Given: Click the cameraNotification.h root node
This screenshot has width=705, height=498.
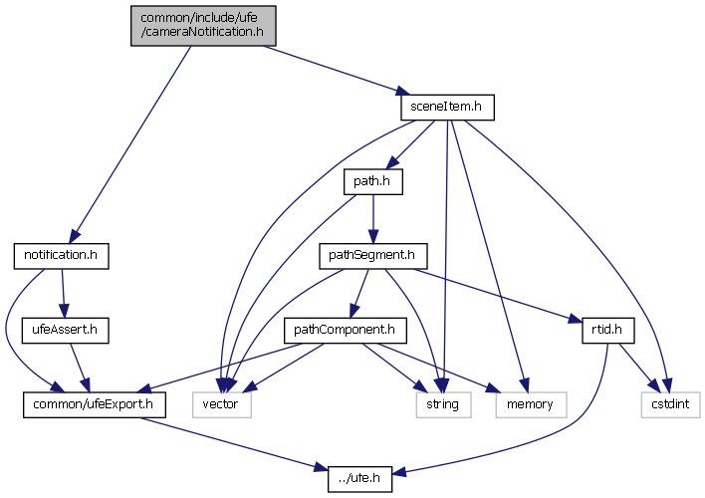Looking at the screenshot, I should [x=203, y=25].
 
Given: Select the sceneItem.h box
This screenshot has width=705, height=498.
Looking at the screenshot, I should [x=446, y=106].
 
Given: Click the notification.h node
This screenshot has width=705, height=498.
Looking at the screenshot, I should [x=61, y=255].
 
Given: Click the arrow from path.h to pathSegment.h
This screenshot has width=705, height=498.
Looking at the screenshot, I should [x=372, y=218].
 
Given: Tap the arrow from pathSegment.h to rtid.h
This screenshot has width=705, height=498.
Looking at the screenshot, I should [x=498, y=294].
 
